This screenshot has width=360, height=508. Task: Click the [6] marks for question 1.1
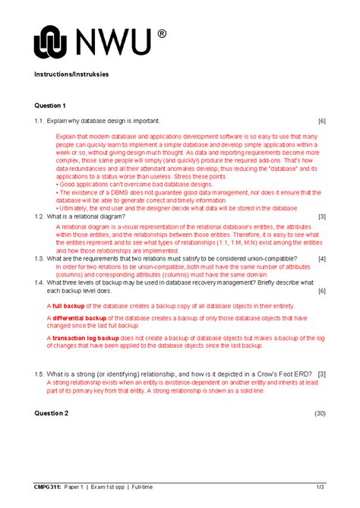[x=322, y=121]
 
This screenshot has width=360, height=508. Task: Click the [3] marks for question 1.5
[x=322, y=374]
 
